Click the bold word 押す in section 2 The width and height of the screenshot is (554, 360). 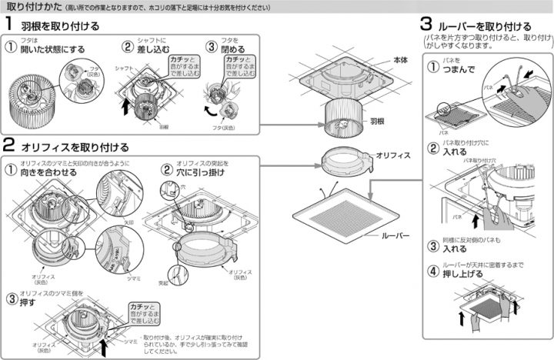tap(27, 302)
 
